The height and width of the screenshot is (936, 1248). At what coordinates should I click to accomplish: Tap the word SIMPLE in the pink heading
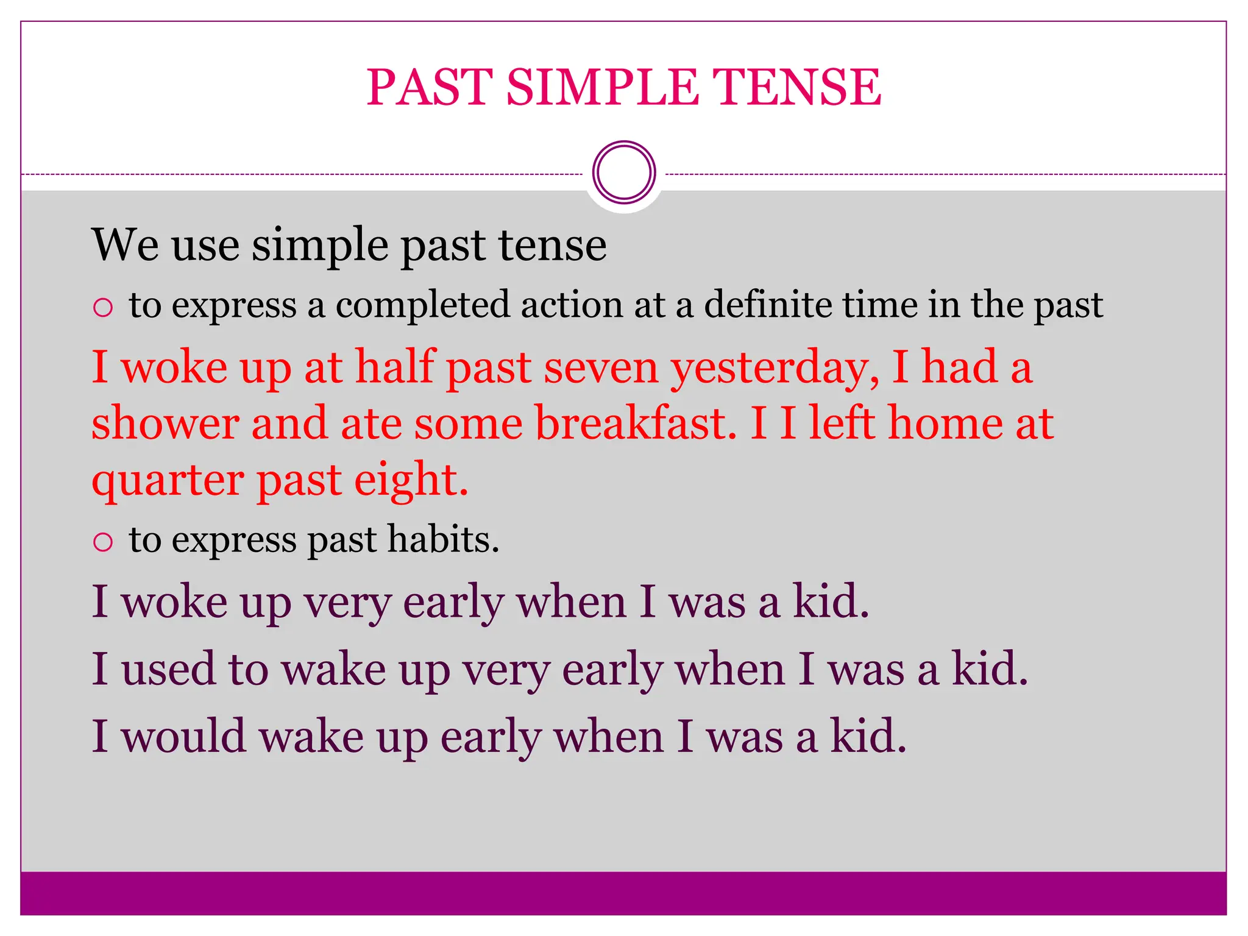pos(602,87)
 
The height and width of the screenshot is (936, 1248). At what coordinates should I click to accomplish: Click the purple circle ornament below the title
pos(624,172)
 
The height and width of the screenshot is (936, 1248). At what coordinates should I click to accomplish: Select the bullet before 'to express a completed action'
pos(103,307)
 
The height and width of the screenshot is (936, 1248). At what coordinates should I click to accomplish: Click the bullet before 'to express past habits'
pos(103,542)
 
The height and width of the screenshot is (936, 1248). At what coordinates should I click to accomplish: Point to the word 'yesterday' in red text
pos(775,368)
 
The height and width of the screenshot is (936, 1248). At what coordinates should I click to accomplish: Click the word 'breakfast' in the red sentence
pos(636,424)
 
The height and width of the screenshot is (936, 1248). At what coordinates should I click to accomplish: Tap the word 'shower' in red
pos(165,424)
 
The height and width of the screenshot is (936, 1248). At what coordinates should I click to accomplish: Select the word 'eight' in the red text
pos(411,481)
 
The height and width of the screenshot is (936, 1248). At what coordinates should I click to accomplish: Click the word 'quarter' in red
pos(168,481)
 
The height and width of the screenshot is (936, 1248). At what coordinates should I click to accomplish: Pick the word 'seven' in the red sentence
pos(601,368)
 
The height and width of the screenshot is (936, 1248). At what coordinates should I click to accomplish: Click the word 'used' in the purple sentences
pos(168,668)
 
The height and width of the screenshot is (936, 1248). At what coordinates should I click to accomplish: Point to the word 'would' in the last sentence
pos(183,736)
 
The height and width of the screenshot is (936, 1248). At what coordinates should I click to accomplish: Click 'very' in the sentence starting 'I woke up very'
pos(347,603)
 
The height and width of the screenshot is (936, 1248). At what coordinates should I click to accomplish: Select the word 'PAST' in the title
pos(430,87)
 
